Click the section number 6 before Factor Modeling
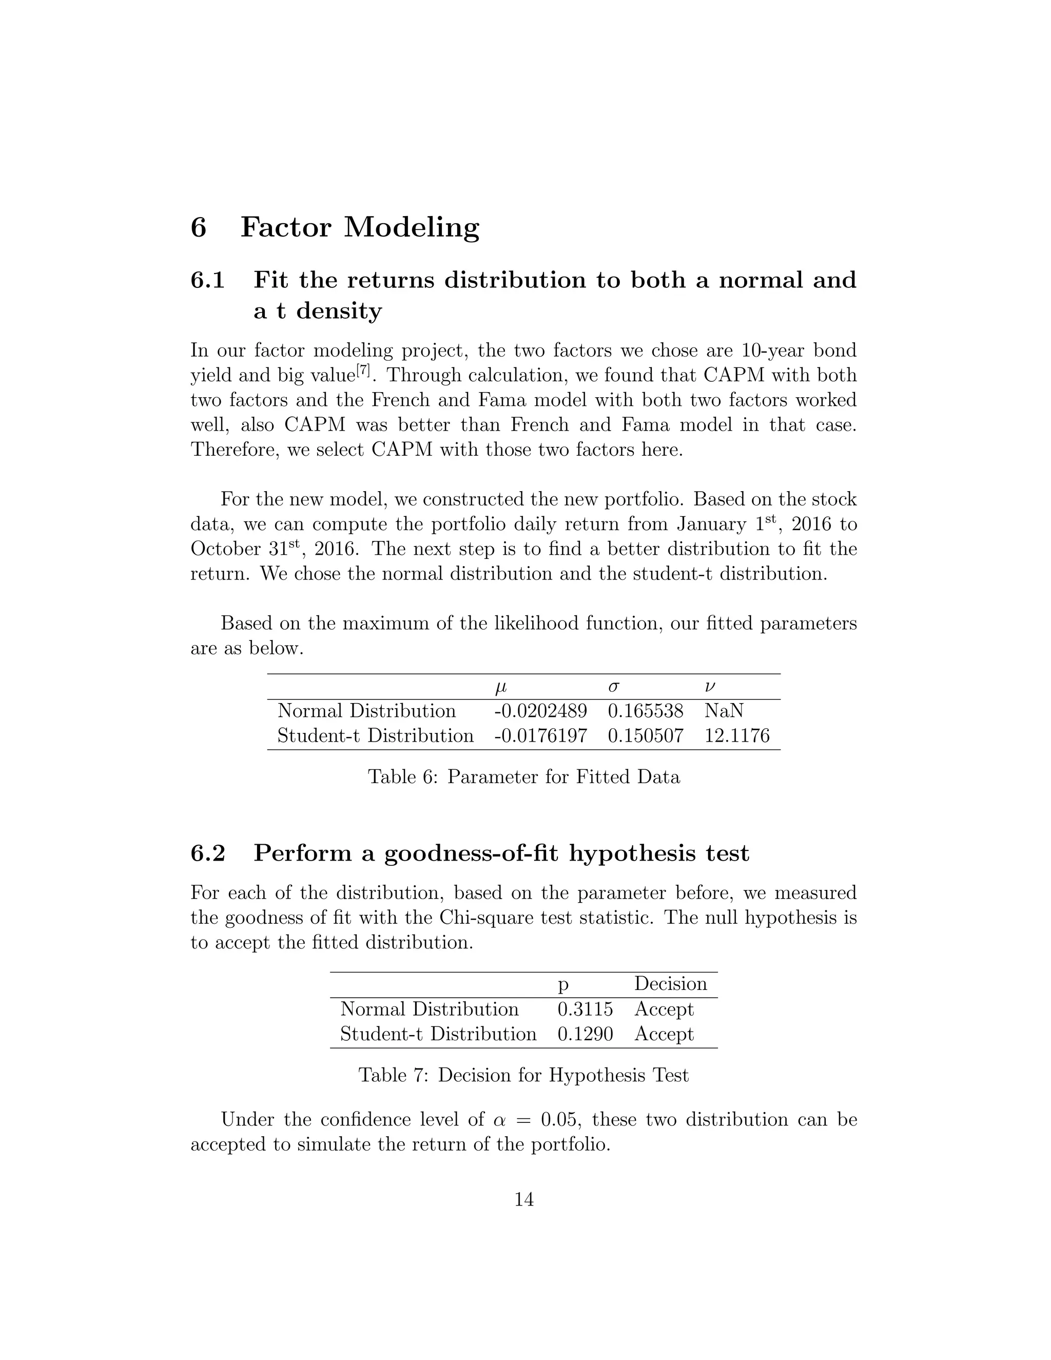[x=198, y=227]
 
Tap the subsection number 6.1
[x=207, y=280]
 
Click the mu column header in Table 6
[x=500, y=688]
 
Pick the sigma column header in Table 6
[x=613, y=688]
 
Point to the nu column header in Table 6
[x=710, y=688]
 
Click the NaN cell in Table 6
[x=724, y=711]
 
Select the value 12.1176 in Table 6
[x=736, y=736]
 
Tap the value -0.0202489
[x=540, y=711]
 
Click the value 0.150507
[x=645, y=736]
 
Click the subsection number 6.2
[x=207, y=853]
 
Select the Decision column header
[x=670, y=984]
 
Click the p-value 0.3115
[x=585, y=1009]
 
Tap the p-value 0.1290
[x=585, y=1034]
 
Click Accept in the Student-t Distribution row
[x=664, y=1034]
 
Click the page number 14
[x=524, y=1200]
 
